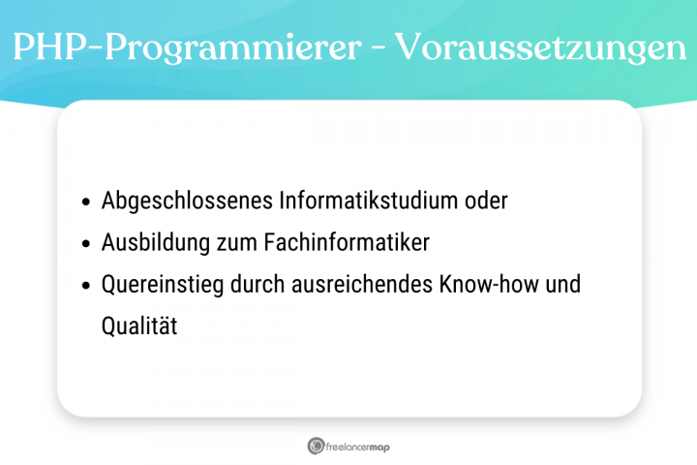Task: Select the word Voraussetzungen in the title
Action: point(534,49)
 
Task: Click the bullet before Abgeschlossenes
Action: point(86,202)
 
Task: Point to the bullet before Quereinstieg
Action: point(86,286)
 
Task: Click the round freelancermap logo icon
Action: point(316,446)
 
